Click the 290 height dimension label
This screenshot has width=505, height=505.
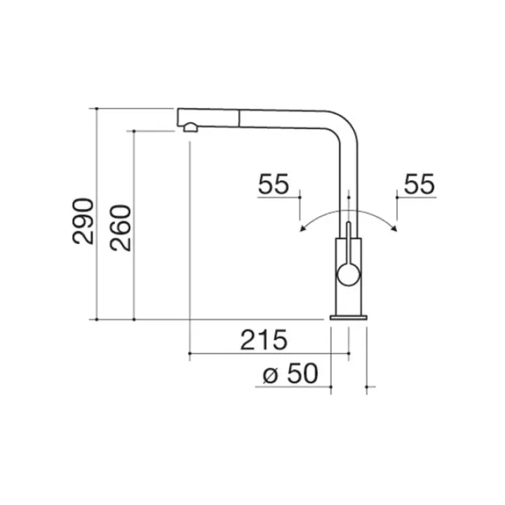83,221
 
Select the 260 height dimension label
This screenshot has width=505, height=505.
121,228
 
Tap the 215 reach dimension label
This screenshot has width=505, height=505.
264,340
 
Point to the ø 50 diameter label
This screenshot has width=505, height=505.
290,374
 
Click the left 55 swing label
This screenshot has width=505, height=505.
274,184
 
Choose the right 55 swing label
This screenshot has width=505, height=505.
419,184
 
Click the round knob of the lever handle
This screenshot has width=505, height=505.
348,274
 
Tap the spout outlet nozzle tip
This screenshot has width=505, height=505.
190,128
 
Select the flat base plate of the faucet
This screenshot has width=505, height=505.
349,318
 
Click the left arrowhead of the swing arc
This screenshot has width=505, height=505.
302,229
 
